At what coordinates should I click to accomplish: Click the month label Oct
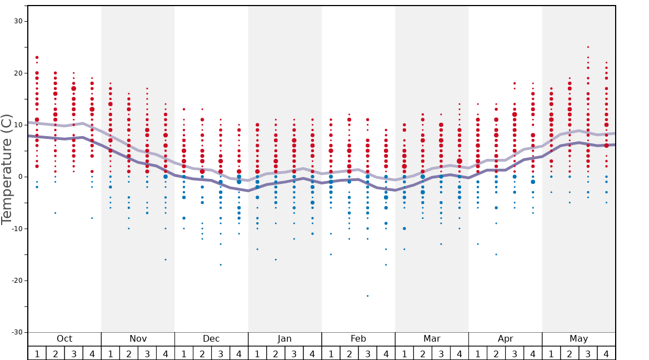pos(64,339)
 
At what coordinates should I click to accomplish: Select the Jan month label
pos(284,339)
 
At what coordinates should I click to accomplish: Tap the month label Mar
pos(432,339)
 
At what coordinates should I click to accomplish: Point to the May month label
pos(578,339)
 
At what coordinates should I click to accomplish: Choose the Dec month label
pos(211,339)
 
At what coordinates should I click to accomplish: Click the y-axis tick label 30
pos(18,21)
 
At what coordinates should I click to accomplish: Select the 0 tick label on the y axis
pos(20,177)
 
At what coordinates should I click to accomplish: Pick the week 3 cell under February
pos(367,353)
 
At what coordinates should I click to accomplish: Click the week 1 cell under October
pos(37,353)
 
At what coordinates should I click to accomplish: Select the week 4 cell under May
pos(606,353)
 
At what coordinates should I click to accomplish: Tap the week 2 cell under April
pos(496,353)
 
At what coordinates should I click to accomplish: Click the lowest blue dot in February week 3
pos(367,296)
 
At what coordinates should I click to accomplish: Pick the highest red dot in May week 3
pos(588,47)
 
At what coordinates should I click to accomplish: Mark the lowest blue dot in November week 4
pos(165,259)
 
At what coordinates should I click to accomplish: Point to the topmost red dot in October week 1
pos(37,57)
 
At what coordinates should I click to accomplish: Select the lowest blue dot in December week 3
pos(221,264)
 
